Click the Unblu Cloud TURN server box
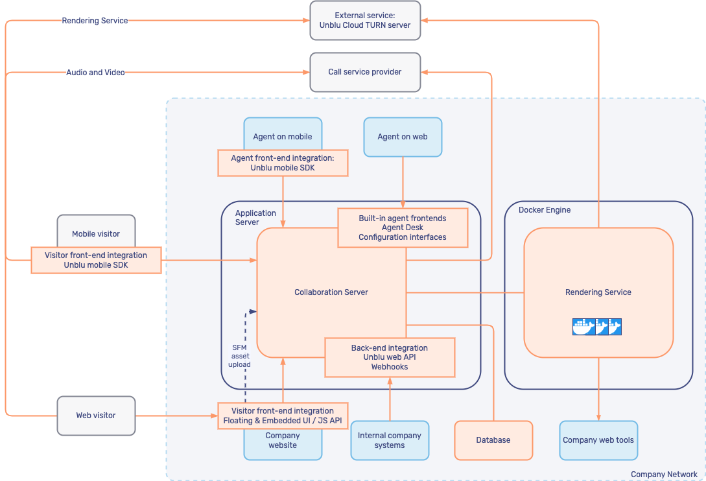point(365,20)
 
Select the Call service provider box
point(365,72)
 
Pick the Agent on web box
point(403,137)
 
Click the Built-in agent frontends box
point(403,228)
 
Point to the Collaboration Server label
point(331,292)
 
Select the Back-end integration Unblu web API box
point(390,357)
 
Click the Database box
point(493,440)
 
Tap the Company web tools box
point(598,440)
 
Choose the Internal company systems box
point(390,440)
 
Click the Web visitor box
point(96,416)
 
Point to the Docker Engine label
point(545,210)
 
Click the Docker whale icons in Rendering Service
point(597,327)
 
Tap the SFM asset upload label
point(239,356)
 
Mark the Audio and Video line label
point(95,73)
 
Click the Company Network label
point(664,475)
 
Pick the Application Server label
point(255,218)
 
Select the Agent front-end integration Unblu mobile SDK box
point(283,163)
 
